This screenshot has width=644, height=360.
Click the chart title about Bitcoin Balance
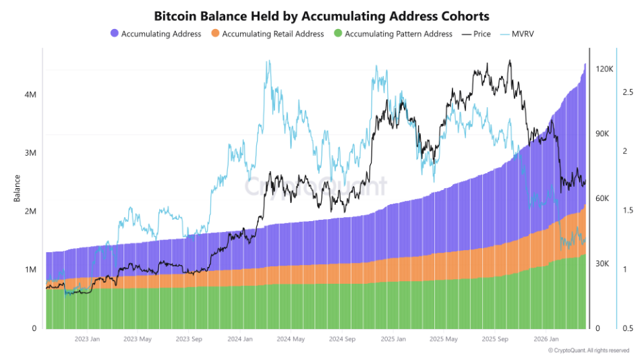point(322,15)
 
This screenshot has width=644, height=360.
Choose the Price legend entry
point(477,33)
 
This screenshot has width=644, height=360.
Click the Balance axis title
point(17,188)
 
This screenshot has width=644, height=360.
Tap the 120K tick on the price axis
point(604,69)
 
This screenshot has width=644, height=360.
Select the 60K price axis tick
point(603,199)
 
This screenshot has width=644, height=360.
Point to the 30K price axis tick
point(603,264)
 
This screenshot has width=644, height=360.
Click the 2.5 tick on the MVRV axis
point(627,92)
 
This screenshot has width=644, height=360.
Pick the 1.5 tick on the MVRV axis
point(627,210)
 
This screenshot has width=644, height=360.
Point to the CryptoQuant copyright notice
point(588,351)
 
